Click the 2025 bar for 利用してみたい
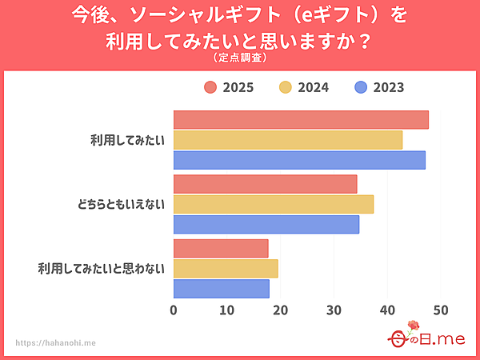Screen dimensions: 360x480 coord(301,120)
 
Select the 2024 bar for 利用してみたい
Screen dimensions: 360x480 coord(288,140)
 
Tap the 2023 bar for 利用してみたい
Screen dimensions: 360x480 coord(299,160)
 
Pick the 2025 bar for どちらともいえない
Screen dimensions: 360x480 coord(265,184)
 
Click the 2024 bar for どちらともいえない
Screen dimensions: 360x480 coord(274,204)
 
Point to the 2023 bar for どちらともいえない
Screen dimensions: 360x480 coord(266,224)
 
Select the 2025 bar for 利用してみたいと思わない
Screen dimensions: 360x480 coord(221,248)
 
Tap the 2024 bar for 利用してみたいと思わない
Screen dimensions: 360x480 coord(226,268)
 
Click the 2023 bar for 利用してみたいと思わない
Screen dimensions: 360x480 coord(222,288)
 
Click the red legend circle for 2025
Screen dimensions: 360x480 coord(210,88)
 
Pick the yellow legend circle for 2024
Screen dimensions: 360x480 coord(286,88)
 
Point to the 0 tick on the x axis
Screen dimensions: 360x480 coord(174,310)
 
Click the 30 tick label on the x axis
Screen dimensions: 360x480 coord(334,310)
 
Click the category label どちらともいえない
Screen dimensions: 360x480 coord(116,204)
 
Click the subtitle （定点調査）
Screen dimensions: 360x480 coord(240,58)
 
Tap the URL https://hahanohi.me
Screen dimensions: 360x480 coord(56,342)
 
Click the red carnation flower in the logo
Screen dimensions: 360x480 coord(414,326)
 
